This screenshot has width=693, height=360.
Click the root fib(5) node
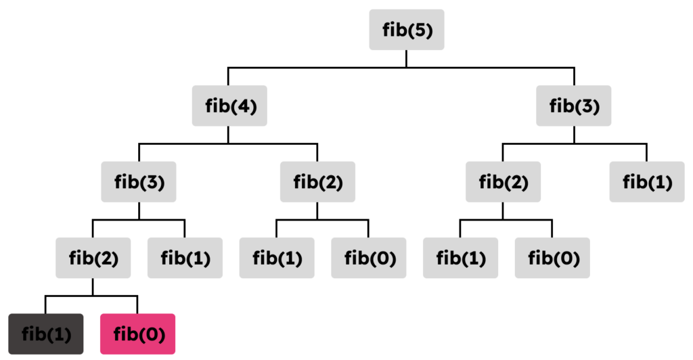(x=406, y=29)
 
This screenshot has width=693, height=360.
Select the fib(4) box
(x=229, y=106)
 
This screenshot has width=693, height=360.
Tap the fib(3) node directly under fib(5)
(x=574, y=106)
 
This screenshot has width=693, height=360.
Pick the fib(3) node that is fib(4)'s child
(x=139, y=181)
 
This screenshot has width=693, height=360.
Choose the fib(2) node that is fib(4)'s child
(x=317, y=181)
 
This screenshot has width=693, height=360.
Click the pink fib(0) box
(x=137, y=334)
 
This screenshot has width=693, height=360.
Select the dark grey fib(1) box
(x=45, y=334)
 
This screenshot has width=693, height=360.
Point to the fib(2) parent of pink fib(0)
(x=93, y=258)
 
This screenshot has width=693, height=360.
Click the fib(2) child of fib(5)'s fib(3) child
(x=503, y=181)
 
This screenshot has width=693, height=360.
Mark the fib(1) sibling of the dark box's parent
(x=185, y=258)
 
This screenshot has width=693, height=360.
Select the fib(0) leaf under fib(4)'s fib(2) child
(x=368, y=258)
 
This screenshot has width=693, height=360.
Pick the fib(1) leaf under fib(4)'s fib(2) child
(x=277, y=258)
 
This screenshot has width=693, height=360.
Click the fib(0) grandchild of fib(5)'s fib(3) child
(x=552, y=258)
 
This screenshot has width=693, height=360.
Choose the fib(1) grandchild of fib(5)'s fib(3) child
(x=460, y=258)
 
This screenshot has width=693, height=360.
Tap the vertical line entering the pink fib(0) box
(x=137, y=305)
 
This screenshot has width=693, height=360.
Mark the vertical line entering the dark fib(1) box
(x=45, y=305)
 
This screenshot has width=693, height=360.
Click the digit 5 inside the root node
(x=420, y=30)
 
